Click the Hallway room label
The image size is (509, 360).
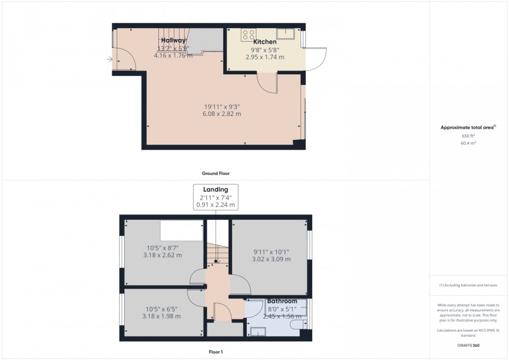[x=173, y=41]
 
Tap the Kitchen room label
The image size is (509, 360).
[x=264, y=42]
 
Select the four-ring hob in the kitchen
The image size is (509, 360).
[x=248, y=34]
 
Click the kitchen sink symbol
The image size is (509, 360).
[x=286, y=34]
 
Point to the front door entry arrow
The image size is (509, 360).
[x=110, y=60]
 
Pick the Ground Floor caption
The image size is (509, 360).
[x=216, y=174]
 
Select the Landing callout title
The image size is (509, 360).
[x=216, y=190]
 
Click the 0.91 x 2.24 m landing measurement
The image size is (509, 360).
[x=216, y=205]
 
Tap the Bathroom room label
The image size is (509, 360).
[x=282, y=301]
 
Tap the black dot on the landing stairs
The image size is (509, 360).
[x=216, y=261]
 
